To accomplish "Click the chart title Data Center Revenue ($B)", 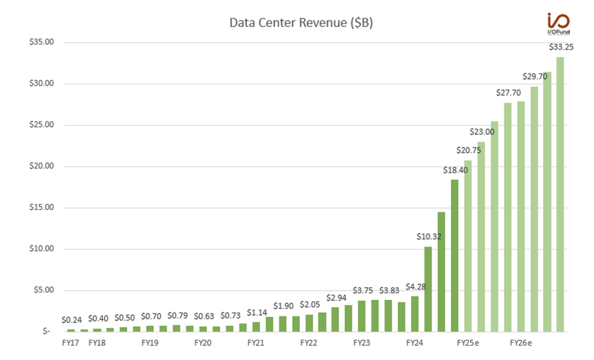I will coord(301,23).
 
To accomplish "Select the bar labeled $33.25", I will coord(560,194).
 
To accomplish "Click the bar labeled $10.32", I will coord(428,289).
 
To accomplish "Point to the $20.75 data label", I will coord(467,150).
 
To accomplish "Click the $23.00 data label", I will coord(481,131).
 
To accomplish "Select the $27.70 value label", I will coord(508,92).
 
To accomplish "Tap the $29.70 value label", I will coord(534,76).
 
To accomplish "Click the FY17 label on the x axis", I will coord(70,342).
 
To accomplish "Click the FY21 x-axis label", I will coord(256,342).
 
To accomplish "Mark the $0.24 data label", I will coord(72,320).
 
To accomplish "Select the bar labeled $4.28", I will coord(414,314).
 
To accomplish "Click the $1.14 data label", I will coord(256,313).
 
